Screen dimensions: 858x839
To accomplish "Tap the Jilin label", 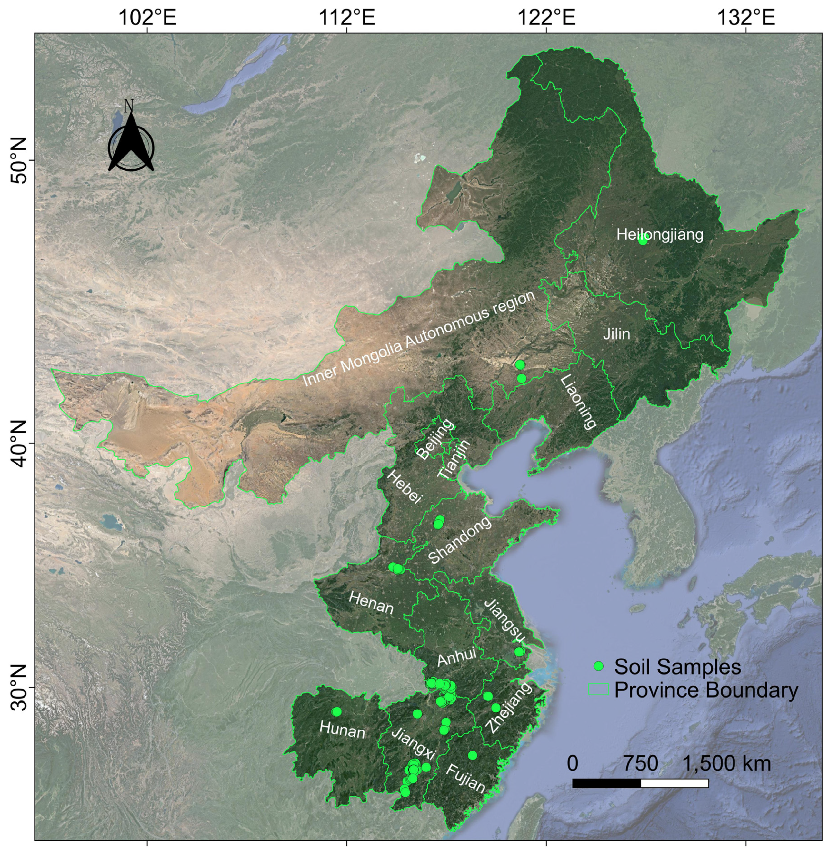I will [616, 334].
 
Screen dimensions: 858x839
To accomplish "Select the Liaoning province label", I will [579, 402].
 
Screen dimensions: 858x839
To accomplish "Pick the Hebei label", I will [405, 487].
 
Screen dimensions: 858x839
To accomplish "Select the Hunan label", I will [342, 730].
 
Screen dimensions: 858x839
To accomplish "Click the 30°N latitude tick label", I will [18, 699].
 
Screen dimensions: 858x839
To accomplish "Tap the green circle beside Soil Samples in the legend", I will [598, 666].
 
